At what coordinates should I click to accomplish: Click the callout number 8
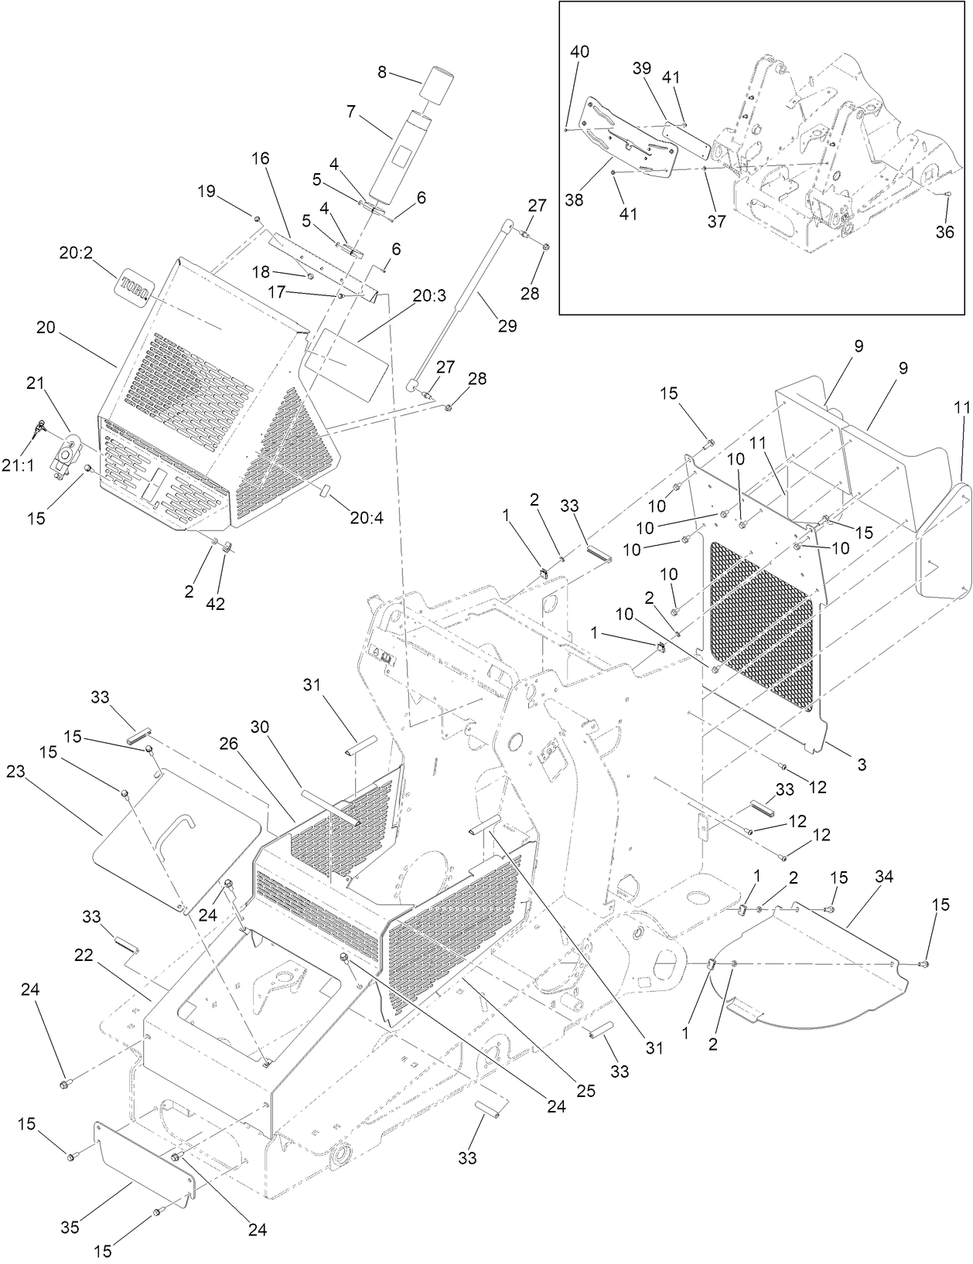pos(382,72)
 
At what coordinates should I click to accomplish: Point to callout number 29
pos(507,325)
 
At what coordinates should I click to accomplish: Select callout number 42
pos(215,604)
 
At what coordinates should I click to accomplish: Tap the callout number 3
pos(861,764)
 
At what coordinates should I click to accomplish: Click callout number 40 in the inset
pos(579,52)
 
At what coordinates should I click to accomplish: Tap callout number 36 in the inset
pos(945,230)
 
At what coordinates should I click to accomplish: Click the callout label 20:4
pos(367,518)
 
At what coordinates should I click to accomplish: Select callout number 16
pos(261,158)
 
